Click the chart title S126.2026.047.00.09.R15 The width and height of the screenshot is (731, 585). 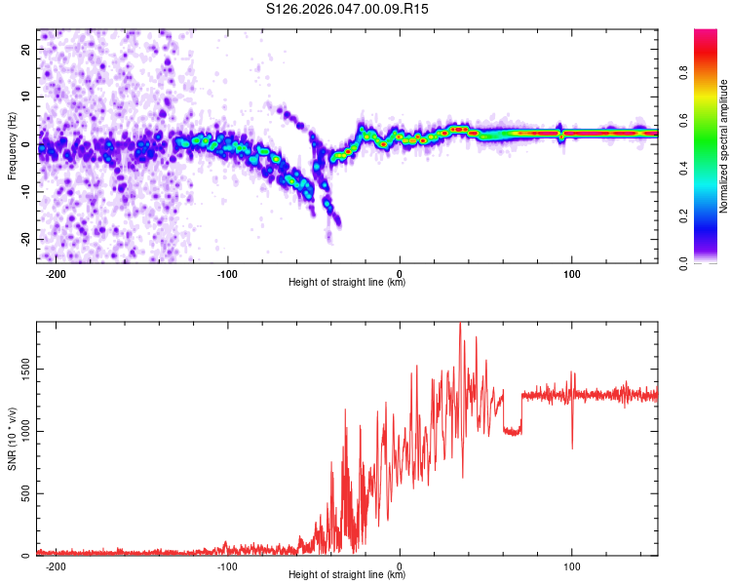tap(348, 10)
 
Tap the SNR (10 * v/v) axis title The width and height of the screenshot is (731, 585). tap(12, 440)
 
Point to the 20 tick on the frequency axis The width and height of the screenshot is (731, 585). tap(26, 50)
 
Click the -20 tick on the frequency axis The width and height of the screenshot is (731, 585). tap(24, 240)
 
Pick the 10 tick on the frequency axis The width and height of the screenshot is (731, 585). tap(26, 97)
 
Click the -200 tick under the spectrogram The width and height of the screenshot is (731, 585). tap(56, 272)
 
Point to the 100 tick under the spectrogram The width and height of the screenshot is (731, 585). tap(571, 272)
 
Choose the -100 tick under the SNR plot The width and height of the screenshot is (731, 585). tap(227, 565)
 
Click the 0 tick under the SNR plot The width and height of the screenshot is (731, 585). tap(400, 565)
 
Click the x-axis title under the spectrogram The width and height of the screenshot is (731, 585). tap(347, 283)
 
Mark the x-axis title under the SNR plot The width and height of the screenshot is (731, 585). tap(347, 575)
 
